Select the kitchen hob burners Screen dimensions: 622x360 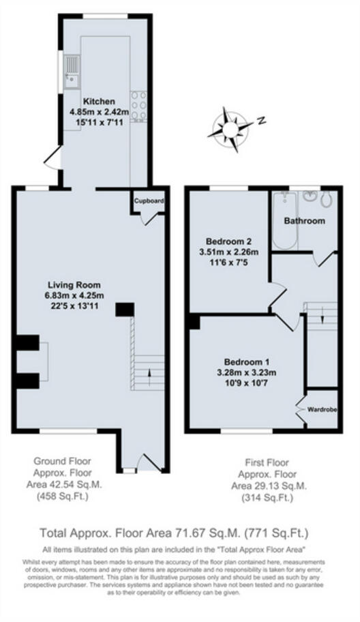tap(139, 106)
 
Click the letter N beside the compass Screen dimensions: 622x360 tap(260, 121)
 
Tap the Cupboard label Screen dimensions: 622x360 tap(148, 201)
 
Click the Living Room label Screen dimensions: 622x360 tap(74, 285)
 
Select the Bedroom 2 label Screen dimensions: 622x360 tap(229, 241)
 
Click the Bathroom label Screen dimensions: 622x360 tap(304, 221)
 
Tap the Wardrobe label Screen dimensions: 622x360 tap(322, 410)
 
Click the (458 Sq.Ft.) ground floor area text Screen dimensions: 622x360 tap(62, 497)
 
